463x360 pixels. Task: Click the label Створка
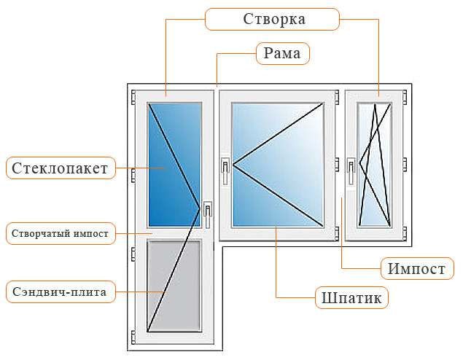[x=272, y=19]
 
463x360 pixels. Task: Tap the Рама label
[x=283, y=53]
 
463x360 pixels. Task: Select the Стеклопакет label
[x=61, y=168]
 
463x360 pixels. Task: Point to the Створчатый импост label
[x=61, y=233]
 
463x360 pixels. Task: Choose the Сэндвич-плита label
[x=61, y=291]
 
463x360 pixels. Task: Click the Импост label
[x=417, y=268]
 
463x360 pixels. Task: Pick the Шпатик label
[x=351, y=298]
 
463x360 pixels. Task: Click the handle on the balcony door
[x=208, y=214]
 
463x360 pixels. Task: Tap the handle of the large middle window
[x=225, y=171]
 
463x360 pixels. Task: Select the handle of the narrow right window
[x=351, y=171]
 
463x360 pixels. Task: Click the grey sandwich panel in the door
[x=174, y=286]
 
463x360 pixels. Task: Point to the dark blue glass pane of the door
[x=175, y=165]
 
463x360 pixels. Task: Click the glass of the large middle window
[x=278, y=165]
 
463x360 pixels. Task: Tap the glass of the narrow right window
[x=375, y=165]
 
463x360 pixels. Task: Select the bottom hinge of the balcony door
[x=133, y=337]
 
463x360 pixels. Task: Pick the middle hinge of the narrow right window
[x=405, y=165]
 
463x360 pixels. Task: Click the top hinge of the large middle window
[x=337, y=98]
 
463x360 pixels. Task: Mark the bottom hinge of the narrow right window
[x=405, y=233]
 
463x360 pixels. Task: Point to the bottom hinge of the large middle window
[x=337, y=233]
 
